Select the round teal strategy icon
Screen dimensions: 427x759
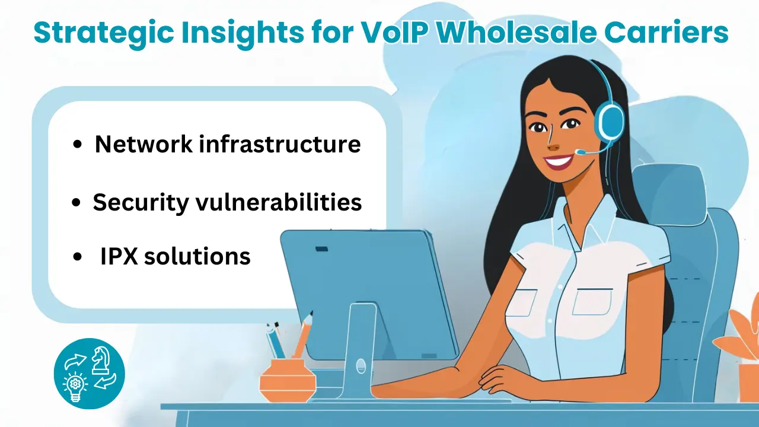(x=90, y=374)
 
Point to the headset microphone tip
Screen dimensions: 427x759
(x=579, y=153)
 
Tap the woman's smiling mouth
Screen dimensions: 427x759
(x=559, y=161)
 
